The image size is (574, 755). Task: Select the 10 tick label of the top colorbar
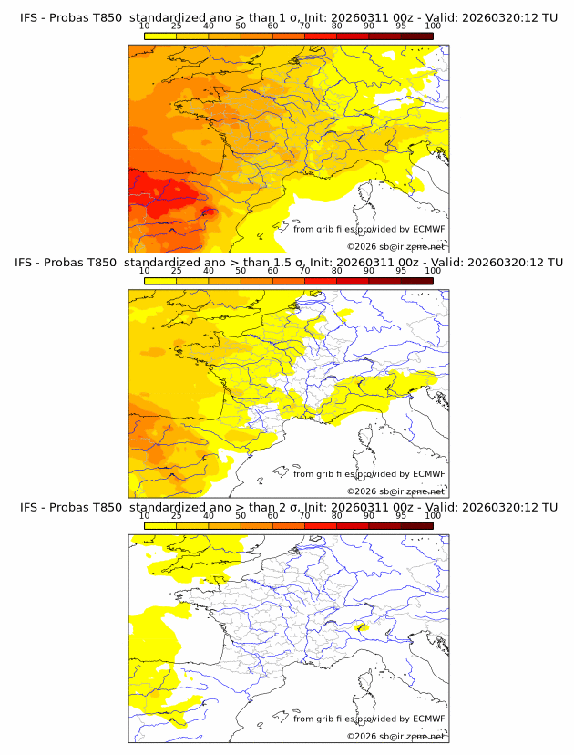(x=145, y=26)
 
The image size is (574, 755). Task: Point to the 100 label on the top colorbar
(x=433, y=26)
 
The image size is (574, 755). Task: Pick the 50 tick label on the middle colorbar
(x=241, y=271)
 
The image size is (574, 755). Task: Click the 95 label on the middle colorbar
(x=401, y=271)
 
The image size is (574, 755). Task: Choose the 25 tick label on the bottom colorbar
(x=177, y=515)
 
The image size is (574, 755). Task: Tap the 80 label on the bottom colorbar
(x=337, y=515)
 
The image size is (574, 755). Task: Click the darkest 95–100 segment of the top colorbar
(x=416, y=36)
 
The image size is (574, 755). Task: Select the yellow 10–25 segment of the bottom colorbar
(x=160, y=525)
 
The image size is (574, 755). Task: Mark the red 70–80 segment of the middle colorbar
(x=321, y=281)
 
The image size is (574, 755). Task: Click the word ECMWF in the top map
(x=428, y=229)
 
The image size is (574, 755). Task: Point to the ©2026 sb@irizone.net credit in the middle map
(x=395, y=491)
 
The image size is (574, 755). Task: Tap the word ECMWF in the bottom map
(x=428, y=718)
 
